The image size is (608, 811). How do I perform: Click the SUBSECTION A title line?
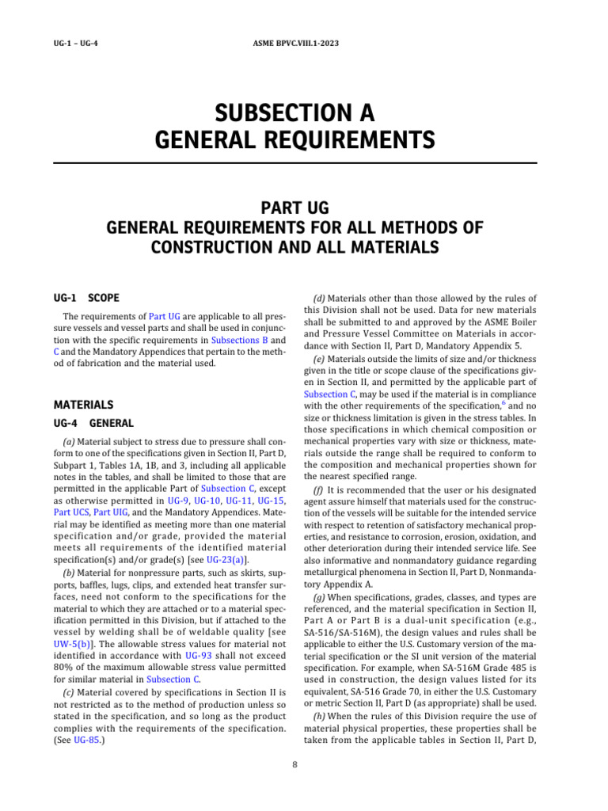(x=295, y=112)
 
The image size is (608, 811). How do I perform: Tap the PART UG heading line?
(x=295, y=208)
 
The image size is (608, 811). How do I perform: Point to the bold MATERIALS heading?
(x=82, y=404)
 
